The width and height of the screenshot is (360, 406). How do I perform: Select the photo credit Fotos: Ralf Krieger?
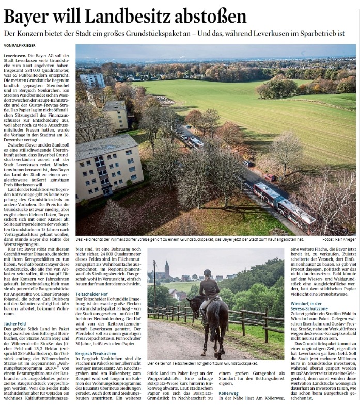(x=338, y=239)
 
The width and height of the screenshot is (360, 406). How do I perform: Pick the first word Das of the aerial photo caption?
(x=80, y=239)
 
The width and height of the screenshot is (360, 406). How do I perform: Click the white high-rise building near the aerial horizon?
(x=92, y=80)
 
